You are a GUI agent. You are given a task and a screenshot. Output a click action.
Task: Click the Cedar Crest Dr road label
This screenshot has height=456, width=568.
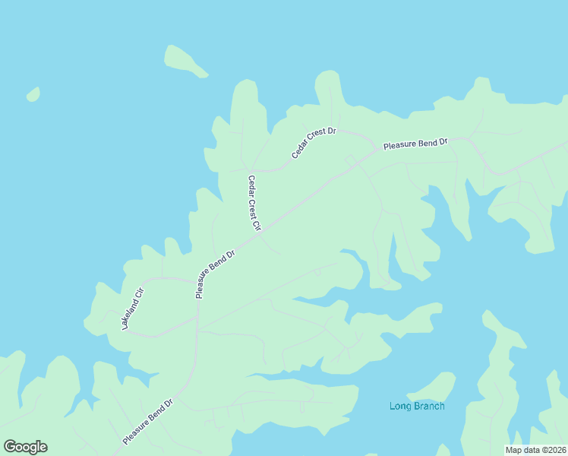point(314,143)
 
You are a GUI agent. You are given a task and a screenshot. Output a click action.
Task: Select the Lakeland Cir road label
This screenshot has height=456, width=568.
point(132,309)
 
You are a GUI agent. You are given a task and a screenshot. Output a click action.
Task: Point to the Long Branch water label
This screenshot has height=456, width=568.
point(417,406)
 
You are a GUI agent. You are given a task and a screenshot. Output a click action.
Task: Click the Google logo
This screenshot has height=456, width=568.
point(25,447)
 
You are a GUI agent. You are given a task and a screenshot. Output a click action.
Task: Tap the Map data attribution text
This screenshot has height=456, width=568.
point(536,450)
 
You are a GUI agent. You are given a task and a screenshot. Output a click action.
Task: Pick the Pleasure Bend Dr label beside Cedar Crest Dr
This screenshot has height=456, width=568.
point(415,143)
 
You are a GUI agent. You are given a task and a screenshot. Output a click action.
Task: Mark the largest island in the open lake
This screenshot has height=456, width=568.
point(185,61)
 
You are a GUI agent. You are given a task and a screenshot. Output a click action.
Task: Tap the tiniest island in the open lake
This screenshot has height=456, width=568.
point(33,94)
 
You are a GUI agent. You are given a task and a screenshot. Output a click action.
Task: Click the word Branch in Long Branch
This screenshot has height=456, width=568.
point(429,406)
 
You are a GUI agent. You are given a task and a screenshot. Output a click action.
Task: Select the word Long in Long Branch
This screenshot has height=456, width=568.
point(400,406)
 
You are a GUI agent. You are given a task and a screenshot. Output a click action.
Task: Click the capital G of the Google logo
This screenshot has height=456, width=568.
point(10,447)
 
